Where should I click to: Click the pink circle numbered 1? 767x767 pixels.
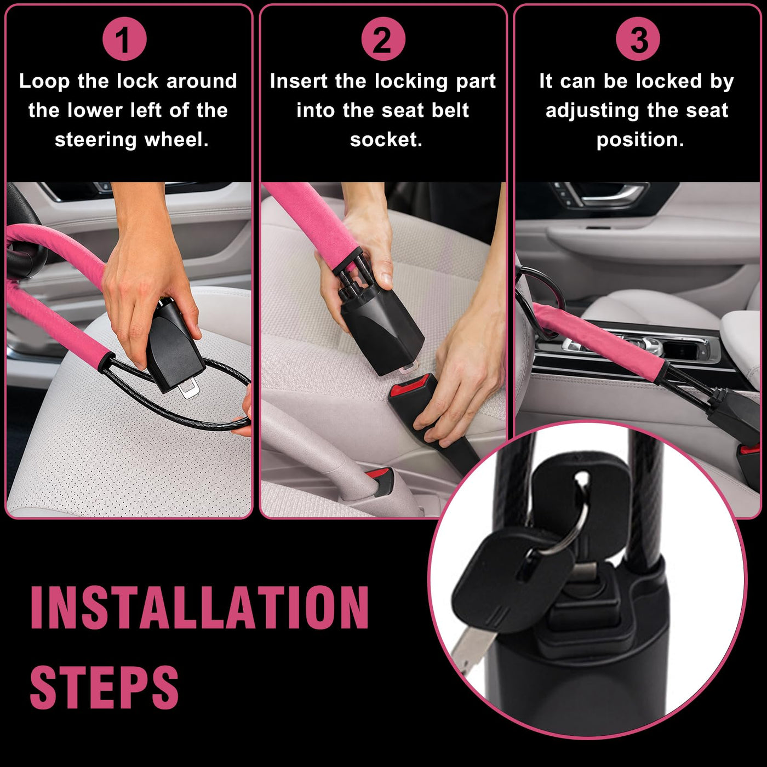tap(124, 39)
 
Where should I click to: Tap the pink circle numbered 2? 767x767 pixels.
tap(383, 39)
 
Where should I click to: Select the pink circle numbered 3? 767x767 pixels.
tap(638, 39)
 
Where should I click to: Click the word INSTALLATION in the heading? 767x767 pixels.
tap(199, 608)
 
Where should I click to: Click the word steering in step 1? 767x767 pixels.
tap(95, 140)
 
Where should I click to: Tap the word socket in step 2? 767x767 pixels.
tap(386, 140)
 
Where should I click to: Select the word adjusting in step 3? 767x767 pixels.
tap(592, 111)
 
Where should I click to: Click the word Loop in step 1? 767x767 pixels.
tap(44, 82)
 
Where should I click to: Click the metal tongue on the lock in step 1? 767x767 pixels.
tap(188, 388)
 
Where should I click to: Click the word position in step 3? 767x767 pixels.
tap(640, 140)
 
